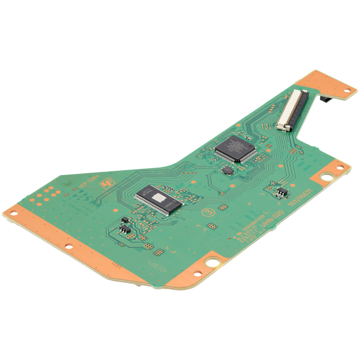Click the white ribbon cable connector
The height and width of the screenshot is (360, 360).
[x=292, y=109]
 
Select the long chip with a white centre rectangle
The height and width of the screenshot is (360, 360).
[x=159, y=198]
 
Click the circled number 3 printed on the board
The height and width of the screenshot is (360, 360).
[x=209, y=212]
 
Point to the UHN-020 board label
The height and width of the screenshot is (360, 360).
[x=272, y=217]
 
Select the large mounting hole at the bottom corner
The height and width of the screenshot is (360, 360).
[x=211, y=261]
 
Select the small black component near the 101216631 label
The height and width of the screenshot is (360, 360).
[x=281, y=192]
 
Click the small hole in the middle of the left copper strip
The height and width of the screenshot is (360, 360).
[x=68, y=246]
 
